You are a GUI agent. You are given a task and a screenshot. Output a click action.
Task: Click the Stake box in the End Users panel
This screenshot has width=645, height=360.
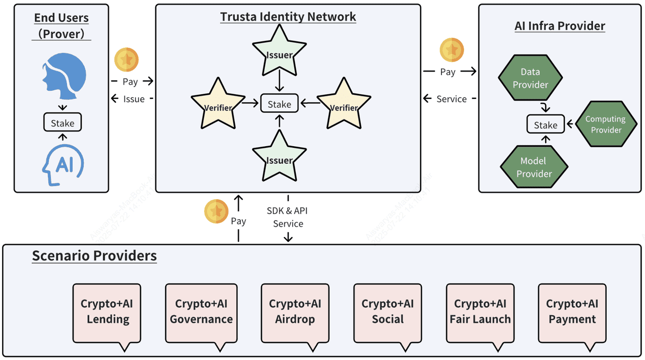[x=62, y=122]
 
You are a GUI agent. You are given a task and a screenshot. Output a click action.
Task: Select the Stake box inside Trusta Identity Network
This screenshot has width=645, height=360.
[x=279, y=103]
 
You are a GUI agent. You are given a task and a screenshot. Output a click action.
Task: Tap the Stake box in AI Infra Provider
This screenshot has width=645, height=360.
[x=545, y=124]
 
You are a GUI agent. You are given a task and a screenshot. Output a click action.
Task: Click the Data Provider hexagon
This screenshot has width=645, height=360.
[x=530, y=78]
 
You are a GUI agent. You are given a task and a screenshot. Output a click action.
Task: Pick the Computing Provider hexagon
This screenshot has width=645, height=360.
[x=606, y=124]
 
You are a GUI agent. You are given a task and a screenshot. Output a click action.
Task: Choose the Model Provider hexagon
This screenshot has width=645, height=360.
[x=534, y=167]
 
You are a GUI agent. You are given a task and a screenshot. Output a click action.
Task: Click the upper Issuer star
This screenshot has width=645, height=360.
[x=279, y=52]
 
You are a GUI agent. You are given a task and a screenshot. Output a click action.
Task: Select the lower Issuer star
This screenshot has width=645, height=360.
[x=279, y=157]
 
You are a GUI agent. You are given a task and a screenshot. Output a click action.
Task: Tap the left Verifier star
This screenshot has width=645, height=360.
[x=218, y=105]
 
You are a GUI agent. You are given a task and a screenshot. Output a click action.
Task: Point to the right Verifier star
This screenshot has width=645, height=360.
[x=344, y=105]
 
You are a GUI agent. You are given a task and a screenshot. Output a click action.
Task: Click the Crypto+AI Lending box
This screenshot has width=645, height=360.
[x=107, y=313]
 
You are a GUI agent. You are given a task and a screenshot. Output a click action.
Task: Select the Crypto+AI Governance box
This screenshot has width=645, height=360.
[x=201, y=313]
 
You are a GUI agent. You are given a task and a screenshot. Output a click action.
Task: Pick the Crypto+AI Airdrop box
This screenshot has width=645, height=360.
[x=295, y=313]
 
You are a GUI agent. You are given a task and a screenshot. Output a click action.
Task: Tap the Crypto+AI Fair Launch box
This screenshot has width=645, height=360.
[x=480, y=313]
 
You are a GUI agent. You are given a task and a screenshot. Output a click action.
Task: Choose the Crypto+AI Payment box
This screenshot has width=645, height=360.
[x=572, y=313]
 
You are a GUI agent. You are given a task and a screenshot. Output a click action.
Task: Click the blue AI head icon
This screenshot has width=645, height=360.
[x=63, y=165]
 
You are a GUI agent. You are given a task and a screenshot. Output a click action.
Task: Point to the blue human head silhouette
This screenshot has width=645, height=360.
[x=64, y=76]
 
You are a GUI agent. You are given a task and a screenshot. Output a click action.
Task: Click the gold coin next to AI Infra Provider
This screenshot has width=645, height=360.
[x=451, y=50]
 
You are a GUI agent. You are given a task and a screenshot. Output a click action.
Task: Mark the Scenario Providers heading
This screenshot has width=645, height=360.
[x=94, y=256]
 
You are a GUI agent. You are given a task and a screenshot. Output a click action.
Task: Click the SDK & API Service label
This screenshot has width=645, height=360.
[x=287, y=217]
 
